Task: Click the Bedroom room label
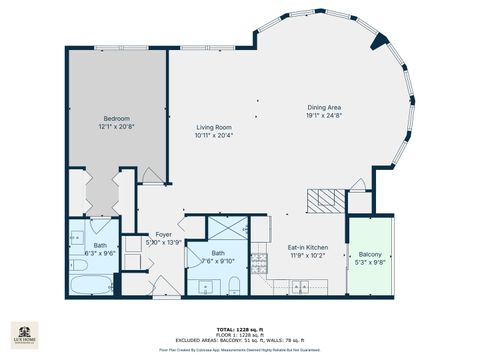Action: click(x=117, y=119)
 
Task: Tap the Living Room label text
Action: click(x=214, y=128)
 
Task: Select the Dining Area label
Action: click(x=324, y=108)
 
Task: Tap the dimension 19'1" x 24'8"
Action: click(x=324, y=116)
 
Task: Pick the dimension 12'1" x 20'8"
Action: click(x=117, y=127)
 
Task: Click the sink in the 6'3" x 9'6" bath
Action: click(x=76, y=240)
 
